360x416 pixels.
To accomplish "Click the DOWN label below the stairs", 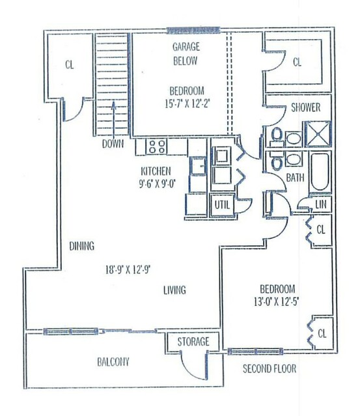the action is coord(113,144).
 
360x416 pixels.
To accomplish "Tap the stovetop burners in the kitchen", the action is coord(157,146).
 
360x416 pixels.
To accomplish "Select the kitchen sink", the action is coord(199,166).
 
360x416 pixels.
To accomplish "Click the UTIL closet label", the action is coord(222,204).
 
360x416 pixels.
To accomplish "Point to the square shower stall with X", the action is coord(318,134).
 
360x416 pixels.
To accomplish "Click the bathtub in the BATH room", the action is coord(320,172).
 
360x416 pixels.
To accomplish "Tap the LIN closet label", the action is coord(320,204).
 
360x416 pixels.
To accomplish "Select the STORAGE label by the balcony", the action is coord(193,341).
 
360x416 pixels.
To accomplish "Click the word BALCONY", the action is coord(113,361).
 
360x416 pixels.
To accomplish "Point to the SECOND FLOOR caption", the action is coord(270,368).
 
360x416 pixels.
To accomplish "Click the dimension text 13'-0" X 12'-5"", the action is coord(277,301).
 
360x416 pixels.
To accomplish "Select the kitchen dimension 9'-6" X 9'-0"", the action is coord(158,184).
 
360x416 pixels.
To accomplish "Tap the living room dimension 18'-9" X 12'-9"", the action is coord(128,270).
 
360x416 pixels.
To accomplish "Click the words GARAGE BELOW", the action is coord(186,54).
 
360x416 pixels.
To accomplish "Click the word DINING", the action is coord(82,246).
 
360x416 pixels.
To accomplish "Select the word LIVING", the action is coord(174,290).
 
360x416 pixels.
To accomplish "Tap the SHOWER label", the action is coord(305,107).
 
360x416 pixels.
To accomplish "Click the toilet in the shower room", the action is coord(277,137).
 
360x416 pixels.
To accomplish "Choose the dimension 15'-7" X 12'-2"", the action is coord(187,104).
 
